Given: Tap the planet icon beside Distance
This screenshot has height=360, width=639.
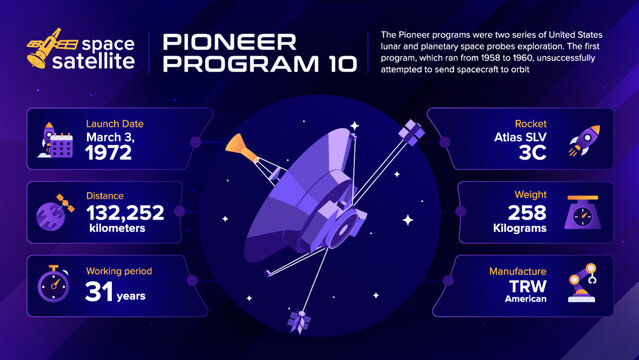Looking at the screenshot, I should click(x=51, y=213).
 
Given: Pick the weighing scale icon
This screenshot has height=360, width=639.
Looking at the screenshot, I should click(x=584, y=213).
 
